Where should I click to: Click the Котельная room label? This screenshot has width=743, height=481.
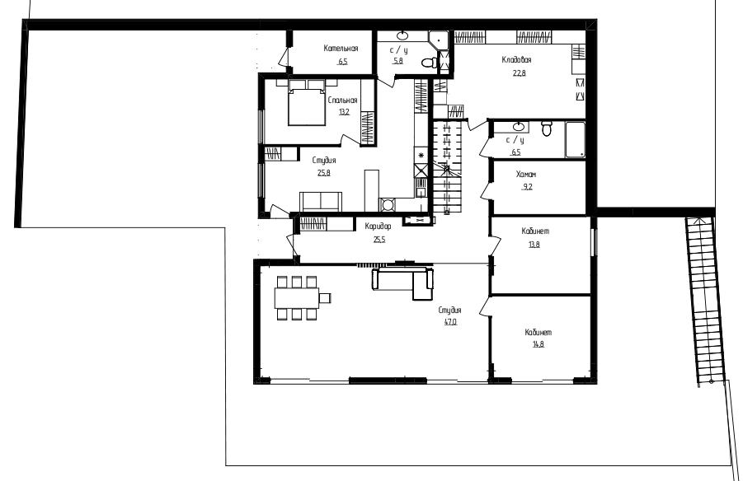click(341, 49)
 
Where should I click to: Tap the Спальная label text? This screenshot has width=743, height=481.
click(342, 100)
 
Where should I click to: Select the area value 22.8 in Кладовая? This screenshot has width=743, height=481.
click(519, 73)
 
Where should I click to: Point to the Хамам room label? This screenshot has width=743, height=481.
click(526, 175)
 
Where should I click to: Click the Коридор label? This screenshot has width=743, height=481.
click(379, 226)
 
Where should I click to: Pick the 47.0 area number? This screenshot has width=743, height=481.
click(450, 322)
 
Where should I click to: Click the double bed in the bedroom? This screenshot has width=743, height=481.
click(307, 103)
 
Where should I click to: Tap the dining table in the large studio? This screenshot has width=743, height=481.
click(297, 298)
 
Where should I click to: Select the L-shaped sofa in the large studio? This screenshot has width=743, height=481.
click(402, 283)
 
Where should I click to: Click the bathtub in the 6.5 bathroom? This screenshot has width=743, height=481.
click(576, 140)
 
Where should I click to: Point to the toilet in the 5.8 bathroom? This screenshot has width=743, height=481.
click(430, 63)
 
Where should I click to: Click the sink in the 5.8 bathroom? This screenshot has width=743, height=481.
click(402, 35)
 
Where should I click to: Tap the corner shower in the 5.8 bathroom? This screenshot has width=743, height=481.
click(439, 40)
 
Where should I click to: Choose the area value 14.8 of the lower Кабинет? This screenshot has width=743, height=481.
click(538, 344)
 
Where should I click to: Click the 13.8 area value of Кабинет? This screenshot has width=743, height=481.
click(534, 245)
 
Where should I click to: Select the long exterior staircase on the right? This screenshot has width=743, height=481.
click(706, 301)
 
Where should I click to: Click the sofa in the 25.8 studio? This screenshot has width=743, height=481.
click(321, 201)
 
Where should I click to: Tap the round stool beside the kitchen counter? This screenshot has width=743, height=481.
click(388, 205)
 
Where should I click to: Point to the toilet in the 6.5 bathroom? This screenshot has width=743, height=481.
click(547, 128)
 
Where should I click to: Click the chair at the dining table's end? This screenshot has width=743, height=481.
click(325, 298)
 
